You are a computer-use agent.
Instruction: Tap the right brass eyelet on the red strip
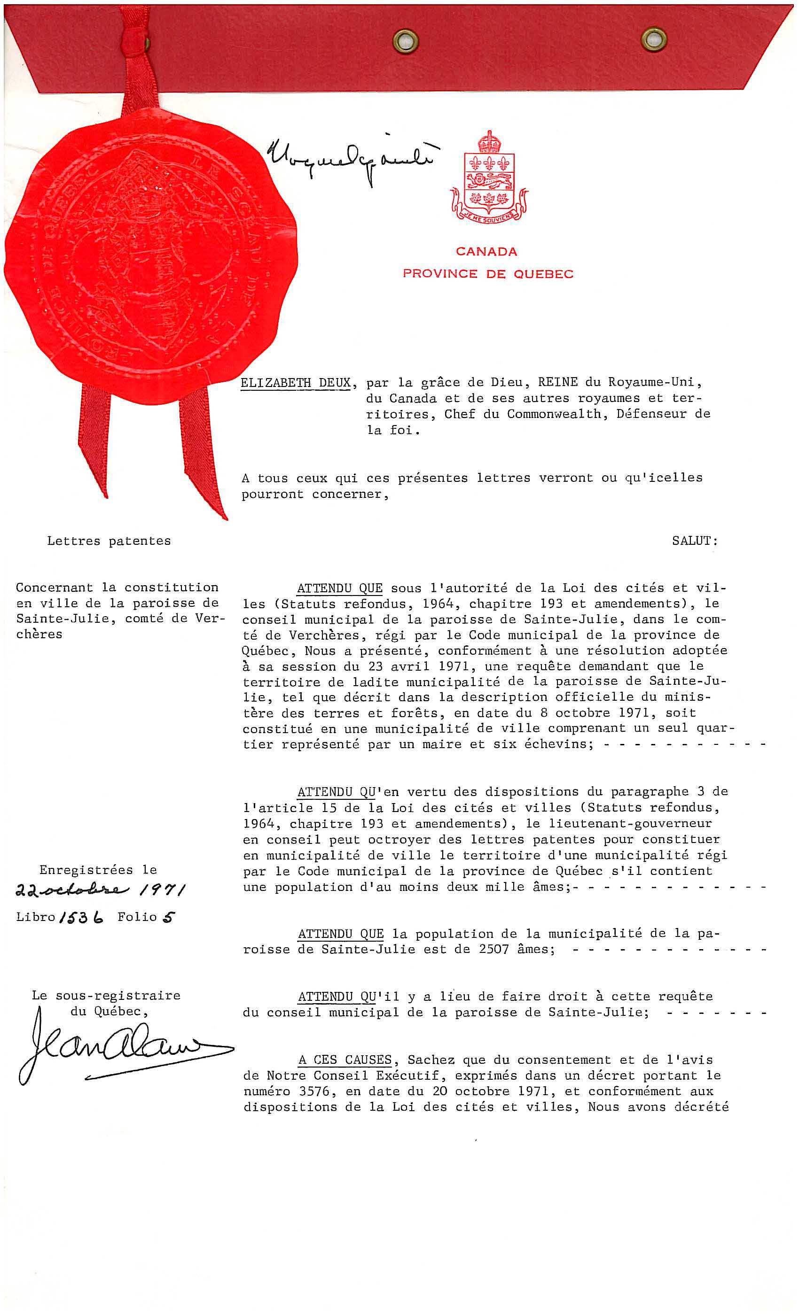[654, 39]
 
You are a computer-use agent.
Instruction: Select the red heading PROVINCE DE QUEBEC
[488, 274]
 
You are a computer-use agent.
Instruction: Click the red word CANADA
[486, 251]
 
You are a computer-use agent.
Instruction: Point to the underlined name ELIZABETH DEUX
[295, 383]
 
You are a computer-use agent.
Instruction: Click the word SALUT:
[695, 541]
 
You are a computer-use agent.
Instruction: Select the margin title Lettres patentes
[109, 541]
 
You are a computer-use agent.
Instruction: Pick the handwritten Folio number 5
[168, 917]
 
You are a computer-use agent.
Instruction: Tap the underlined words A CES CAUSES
[345, 1060]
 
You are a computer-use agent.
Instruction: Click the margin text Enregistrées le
[98, 870]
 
